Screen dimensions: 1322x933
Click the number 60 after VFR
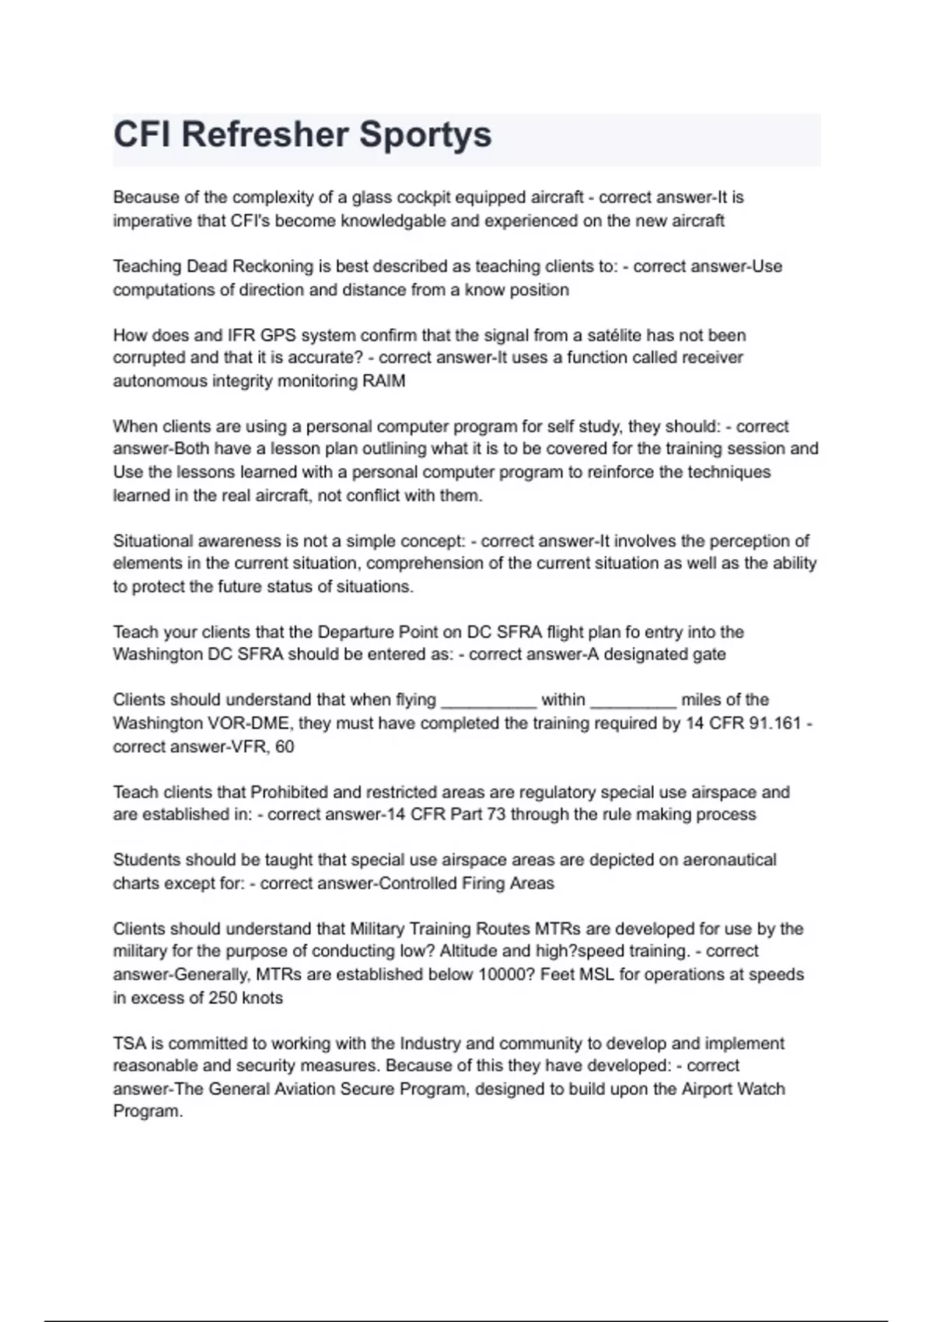coord(285,747)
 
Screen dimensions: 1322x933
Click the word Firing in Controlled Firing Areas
coord(482,883)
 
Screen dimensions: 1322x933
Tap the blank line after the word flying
coord(488,700)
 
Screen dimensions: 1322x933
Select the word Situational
coord(153,540)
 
